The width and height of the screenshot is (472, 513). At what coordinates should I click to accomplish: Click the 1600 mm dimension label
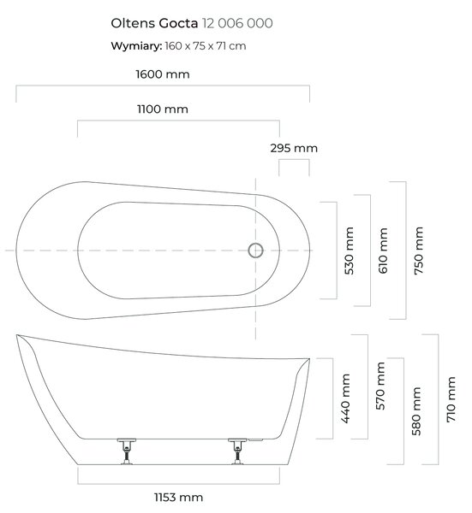(x=163, y=74)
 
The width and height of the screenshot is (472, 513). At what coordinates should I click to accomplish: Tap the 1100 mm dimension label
(x=163, y=109)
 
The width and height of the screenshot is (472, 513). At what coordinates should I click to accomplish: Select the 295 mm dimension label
(x=294, y=148)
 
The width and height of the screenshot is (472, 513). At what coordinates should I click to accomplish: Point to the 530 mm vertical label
(x=350, y=251)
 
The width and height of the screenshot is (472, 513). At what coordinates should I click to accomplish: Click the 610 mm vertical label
(x=383, y=251)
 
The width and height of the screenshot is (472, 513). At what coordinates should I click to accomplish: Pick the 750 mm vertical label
(x=419, y=251)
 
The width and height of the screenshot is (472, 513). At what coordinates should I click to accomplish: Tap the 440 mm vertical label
(x=345, y=398)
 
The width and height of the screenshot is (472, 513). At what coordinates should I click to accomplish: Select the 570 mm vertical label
(x=380, y=386)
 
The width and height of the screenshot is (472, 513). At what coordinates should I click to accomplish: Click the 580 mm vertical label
(x=416, y=411)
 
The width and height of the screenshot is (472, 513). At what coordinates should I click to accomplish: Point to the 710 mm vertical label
(x=451, y=399)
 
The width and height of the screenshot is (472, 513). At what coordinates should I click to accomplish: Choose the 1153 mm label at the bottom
(x=179, y=498)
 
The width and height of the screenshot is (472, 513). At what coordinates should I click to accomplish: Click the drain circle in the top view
(x=255, y=251)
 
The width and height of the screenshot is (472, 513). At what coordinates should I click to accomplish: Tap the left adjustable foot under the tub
(x=127, y=451)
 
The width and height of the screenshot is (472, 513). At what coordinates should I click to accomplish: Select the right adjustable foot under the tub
(x=237, y=451)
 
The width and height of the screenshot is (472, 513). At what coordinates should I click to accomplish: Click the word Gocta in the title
(x=178, y=23)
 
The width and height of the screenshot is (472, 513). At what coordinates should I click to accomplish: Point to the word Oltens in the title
(x=133, y=23)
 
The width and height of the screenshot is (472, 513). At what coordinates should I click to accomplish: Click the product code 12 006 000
(x=237, y=23)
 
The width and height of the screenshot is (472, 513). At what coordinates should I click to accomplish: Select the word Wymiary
(x=136, y=46)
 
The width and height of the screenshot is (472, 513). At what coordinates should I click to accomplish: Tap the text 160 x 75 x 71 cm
(x=206, y=46)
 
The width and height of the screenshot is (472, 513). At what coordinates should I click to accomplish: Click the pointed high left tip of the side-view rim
(x=17, y=334)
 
